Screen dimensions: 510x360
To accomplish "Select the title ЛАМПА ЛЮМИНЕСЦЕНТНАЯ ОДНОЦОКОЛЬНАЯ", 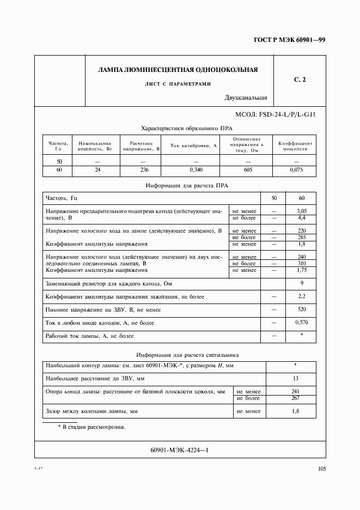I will pyautogui.click(x=178, y=70).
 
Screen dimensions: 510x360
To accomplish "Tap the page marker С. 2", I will pyautogui.click(x=300, y=80).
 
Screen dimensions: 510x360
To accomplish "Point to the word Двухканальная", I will pyautogui.click(x=245, y=98).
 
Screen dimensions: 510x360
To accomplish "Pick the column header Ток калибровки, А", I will pyautogui.click(x=193, y=145).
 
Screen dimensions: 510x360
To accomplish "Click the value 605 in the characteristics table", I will pyautogui.click(x=248, y=170).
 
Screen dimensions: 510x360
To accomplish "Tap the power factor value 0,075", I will pyautogui.click(x=296, y=170).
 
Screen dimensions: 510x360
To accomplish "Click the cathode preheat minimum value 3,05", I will pyautogui.click(x=301, y=210).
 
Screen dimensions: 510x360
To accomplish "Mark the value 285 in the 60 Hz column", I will pyautogui.click(x=301, y=238).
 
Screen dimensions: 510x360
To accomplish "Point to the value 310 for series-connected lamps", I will pyautogui.click(x=301, y=264).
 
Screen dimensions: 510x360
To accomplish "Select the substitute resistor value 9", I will pyautogui.click(x=301, y=283).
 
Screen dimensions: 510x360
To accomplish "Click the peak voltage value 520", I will pyautogui.click(x=301, y=309).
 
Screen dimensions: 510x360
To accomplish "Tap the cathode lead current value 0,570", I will pyautogui.click(x=301, y=323).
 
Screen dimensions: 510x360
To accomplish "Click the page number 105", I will pyautogui.click(x=321, y=468).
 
